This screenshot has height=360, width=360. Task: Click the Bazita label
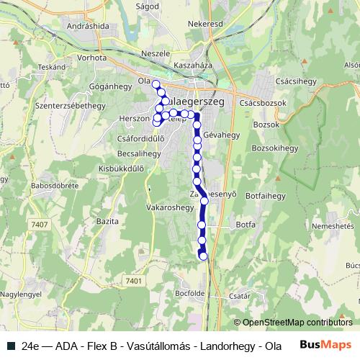[x=107, y=220]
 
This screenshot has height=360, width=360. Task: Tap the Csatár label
[x=239, y=295]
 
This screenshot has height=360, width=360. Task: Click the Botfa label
[x=246, y=225]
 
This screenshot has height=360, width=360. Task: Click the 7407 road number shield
[x=40, y=225]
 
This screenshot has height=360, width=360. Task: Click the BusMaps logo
[x=325, y=344]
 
